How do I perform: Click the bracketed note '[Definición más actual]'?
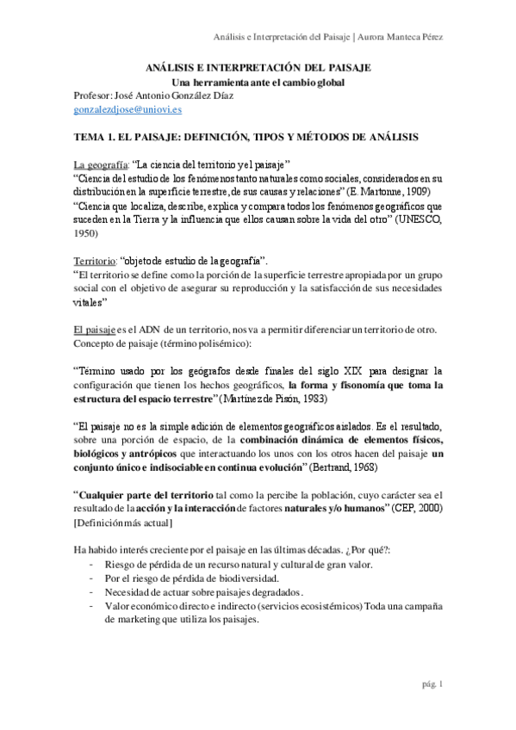122,523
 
